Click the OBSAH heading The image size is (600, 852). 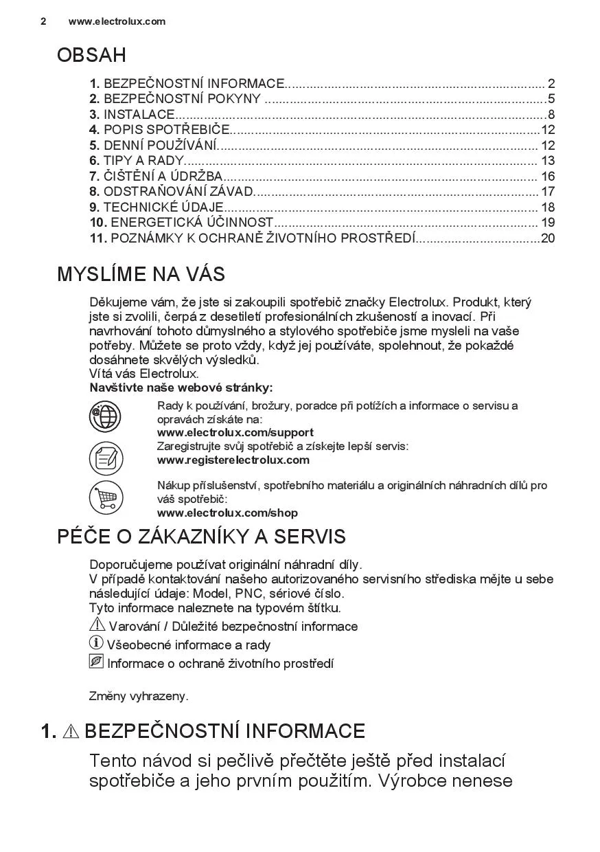[91, 55]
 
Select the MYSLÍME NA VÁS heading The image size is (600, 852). [141, 274]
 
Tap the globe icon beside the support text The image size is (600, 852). [106, 416]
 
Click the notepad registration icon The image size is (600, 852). [106, 458]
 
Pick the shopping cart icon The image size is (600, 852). [106, 498]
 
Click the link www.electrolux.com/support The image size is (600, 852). [235, 432]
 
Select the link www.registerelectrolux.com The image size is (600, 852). [233, 460]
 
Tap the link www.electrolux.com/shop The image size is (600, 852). [227, 513]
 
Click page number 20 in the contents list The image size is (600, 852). [547, 238]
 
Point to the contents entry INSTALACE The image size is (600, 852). [139, 115]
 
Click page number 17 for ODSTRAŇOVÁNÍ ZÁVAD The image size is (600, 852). [547, 192]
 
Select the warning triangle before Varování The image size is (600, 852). [97, 625]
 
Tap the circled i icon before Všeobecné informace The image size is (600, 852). [96, 643]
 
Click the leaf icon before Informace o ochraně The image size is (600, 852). [96, 662]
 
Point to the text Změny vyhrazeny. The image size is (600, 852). [139, 696]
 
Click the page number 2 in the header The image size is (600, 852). [43, 21]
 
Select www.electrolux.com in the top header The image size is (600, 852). [117, 21]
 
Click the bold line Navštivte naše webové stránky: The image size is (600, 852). [181, 388]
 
